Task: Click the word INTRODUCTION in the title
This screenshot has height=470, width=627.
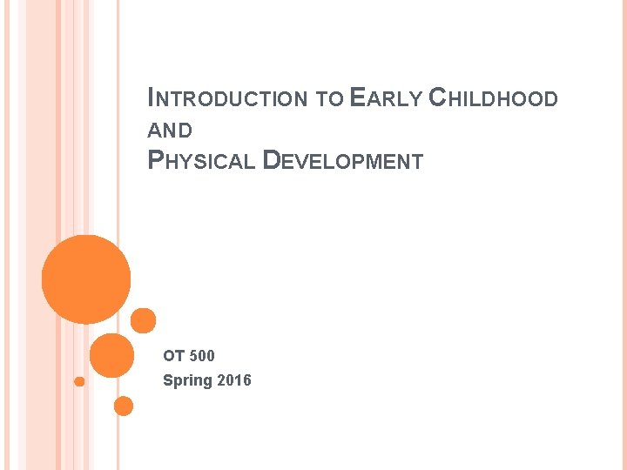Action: (227, 98)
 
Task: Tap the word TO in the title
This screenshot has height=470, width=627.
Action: (328, 99)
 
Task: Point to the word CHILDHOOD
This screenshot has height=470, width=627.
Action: (494, 98)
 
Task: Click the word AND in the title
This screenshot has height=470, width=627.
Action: (171, 131)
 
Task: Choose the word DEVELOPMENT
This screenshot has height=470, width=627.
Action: (342, 161)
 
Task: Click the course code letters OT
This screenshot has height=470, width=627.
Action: (174, 355)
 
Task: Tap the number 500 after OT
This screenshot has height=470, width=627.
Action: (201, 355)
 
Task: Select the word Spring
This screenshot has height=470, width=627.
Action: (185, 380)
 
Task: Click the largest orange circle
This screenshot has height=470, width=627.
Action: (86, 279)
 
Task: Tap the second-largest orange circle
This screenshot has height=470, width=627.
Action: (112, 355)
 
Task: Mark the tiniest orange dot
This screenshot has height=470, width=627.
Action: (79, 381)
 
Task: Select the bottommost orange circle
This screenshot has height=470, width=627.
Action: (124, 406)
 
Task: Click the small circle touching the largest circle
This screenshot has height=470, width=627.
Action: (143, 320)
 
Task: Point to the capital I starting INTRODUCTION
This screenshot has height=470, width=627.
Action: (152, 98)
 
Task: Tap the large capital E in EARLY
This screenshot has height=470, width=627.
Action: (355, 97)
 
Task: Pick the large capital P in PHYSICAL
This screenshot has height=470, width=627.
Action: (156, 161)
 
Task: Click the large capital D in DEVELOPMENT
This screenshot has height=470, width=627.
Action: (271, 161)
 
